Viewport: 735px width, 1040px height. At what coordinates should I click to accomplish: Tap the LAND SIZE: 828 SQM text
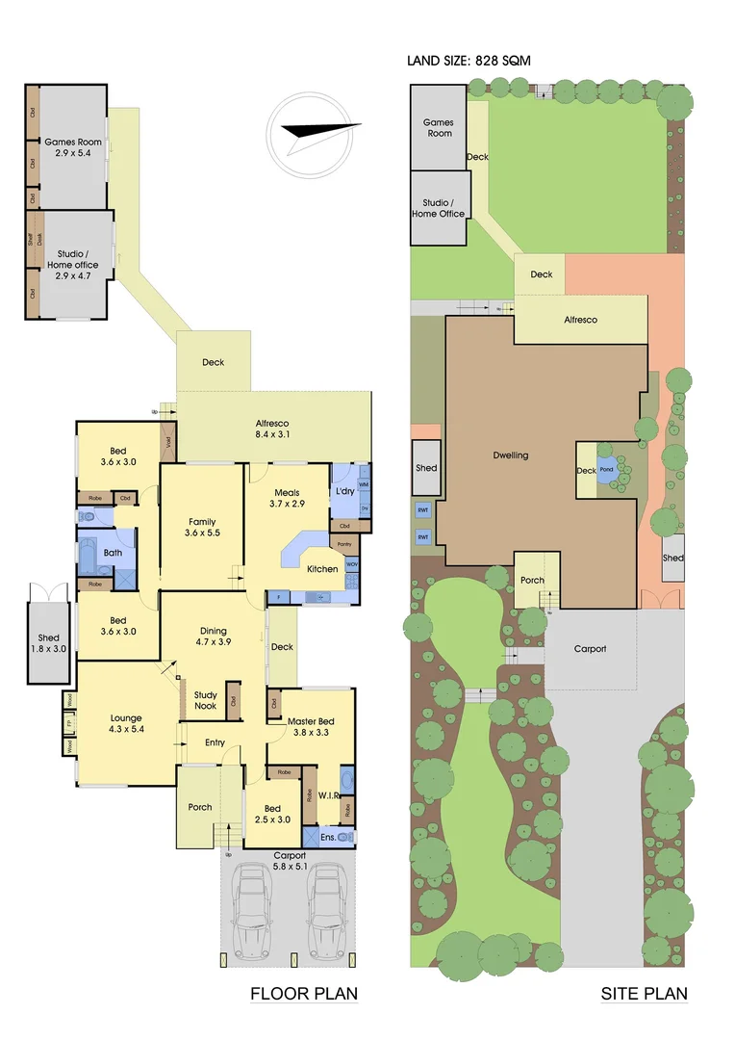pyautogui.click(x=469, y=61)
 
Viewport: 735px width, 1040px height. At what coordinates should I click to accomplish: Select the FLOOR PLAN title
pyautogui.click(x=303, y=994)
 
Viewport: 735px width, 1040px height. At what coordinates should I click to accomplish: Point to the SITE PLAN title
pyautogui.click(x=644, y=994)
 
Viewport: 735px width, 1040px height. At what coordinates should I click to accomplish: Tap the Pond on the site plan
pyautogui.click(x=606, y=470)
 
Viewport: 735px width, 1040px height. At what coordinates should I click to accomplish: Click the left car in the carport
pyautogui.click(x=257, y=910)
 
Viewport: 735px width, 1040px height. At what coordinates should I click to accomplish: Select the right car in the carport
pyautogui.click(x=325, y=910)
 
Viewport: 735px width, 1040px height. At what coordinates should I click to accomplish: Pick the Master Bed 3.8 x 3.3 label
pyautogui.click(x=313, y=724)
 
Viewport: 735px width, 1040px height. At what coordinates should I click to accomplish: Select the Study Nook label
pyautogui.click(x=204, y=700)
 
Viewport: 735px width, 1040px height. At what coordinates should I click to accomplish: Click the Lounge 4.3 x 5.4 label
pyautogui.click(x=125, y=723)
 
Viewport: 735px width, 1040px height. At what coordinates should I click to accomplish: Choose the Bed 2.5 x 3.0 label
pyautogui.click(x=270, y=813)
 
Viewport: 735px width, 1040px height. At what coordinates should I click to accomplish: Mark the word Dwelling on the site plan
pyautogui.click(x=510, y=455)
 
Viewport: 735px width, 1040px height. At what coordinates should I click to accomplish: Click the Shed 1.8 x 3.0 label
pyautogui.click(x=48, y=643)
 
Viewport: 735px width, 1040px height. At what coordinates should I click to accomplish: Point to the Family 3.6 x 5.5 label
pyautogui.click(x=202, y=528)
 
